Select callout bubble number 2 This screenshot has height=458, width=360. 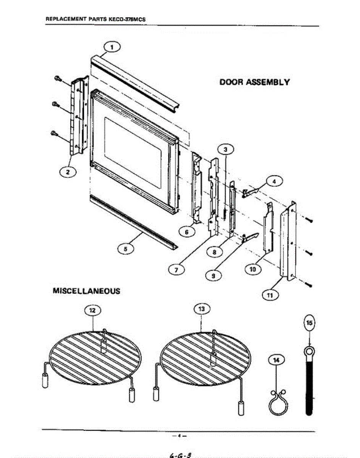point(68,172)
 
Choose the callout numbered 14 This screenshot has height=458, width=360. point(276,360)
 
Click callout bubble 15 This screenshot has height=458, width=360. point(310,323)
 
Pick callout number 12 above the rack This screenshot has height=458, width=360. point(92,311)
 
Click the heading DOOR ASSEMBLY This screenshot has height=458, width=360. point(255,82)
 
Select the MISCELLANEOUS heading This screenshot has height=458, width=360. point(86,291)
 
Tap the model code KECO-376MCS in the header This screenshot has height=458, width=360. point(125,19)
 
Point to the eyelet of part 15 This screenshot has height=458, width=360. point(309,350)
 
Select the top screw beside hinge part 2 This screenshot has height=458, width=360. point(57,79)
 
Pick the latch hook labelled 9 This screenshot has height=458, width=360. point(250,237)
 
